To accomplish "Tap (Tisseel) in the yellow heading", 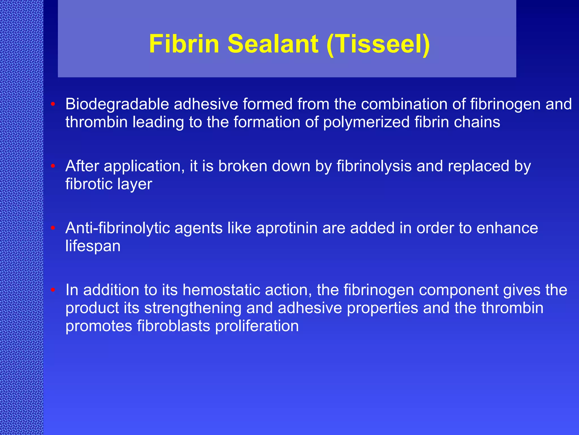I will coord(378,44).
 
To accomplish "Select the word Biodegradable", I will coord(117,105).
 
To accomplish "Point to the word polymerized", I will coord(366,123).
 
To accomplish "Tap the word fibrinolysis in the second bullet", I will coord(374,166).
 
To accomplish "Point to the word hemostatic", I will coord(221,290).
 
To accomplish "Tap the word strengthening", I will coord(193,308).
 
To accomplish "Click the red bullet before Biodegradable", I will coord(53,104).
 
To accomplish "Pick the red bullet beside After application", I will coord(53,166).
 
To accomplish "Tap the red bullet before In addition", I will coord(53,290).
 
